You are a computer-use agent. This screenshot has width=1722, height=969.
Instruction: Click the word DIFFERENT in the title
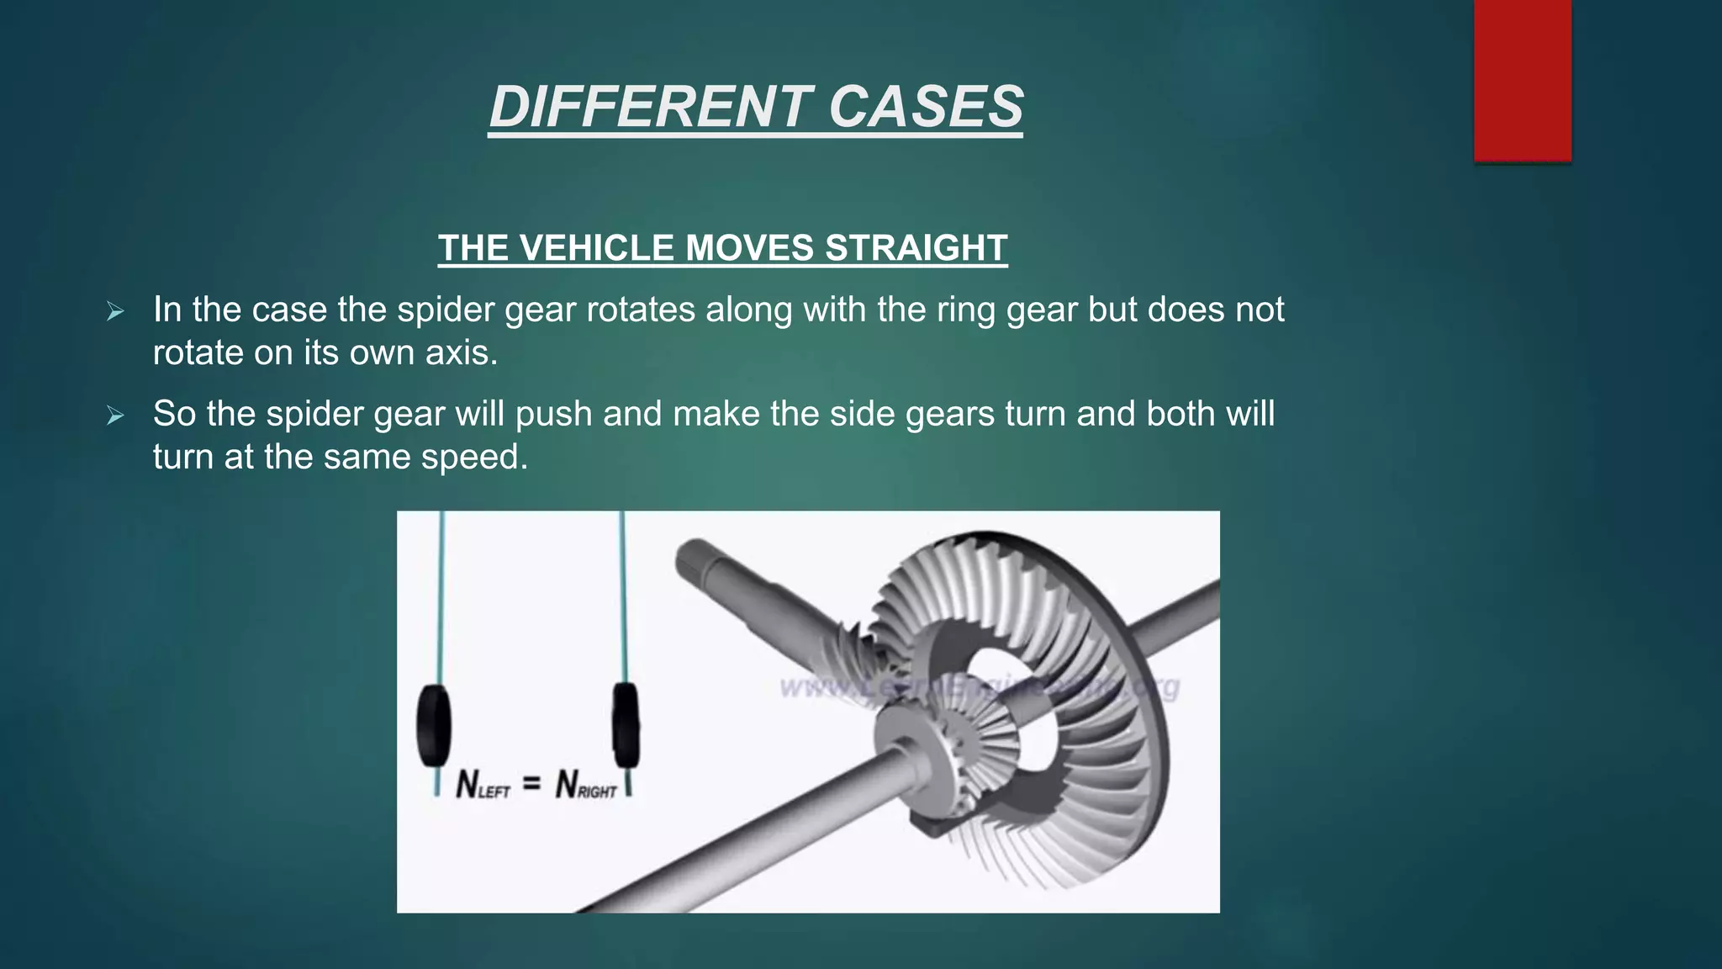pos(649,107)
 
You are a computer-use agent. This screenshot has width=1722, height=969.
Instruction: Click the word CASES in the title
pos(926,107)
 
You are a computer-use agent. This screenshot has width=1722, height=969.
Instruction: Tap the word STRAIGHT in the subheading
pos(916,248)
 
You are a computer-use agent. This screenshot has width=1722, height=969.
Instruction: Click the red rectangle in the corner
pos(1522,80)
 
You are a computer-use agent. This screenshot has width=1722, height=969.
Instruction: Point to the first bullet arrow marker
pos(115,312)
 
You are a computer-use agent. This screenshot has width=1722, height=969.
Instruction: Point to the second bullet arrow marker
pos(115,416)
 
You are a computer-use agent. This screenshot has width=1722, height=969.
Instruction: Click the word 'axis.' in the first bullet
pos(462,352)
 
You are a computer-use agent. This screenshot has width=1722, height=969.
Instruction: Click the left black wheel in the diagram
pos(434,726)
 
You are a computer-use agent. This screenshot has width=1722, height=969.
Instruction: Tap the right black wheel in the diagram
pos(625,725)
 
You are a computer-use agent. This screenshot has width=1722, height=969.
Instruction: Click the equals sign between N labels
pos(531,784)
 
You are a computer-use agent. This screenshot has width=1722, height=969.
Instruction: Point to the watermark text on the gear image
pos(980,688)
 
